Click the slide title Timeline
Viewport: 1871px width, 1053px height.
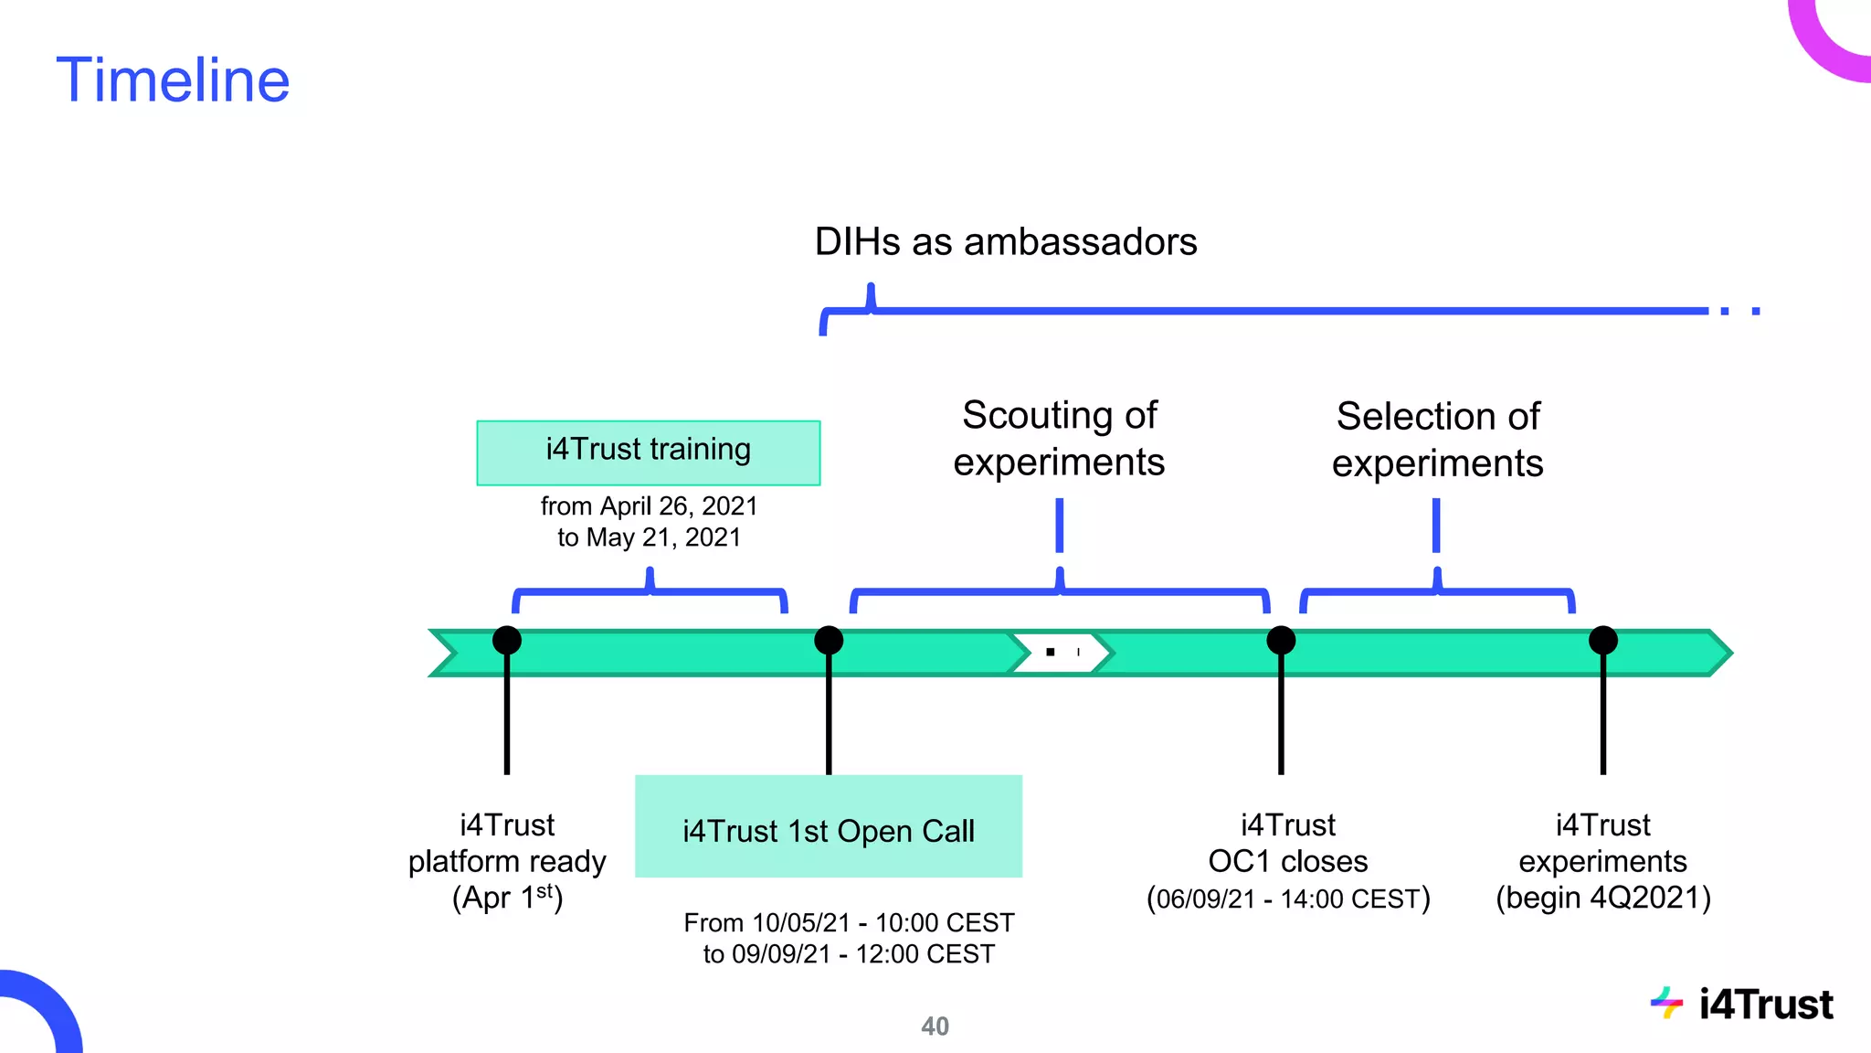(x=173, y=80)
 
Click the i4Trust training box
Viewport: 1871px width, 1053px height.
(x=648, y=452)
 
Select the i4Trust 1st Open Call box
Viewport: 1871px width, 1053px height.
(x=828, y=826)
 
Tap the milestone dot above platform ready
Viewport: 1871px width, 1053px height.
(x=507, y=640)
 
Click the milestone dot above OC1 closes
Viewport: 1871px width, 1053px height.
(x=1281, y=640)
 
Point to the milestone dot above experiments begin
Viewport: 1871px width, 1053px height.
(x=1602, y=640)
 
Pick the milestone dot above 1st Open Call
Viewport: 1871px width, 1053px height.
(x=829, y=640)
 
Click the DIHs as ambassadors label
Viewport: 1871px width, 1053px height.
(x=1005, y=242)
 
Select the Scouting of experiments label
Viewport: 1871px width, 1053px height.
(x=1059, y=439)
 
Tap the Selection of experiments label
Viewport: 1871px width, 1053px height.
(x=1437, y=440)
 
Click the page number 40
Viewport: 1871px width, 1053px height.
(x=935, y=1026)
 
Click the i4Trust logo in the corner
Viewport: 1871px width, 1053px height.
(x=1742, y=1005)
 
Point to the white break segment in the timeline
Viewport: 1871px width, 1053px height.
(x=1060, y=653)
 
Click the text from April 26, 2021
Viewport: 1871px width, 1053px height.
(x=649, y=505)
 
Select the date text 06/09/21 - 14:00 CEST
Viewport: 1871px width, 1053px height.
(x=1288, y=899)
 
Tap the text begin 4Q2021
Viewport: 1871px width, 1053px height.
(x=1603, y=898)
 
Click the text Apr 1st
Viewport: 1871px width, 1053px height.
(x=507, y=898)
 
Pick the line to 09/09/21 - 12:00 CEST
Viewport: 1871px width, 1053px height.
(x=848, y=954)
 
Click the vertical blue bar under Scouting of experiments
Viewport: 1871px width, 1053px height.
(x=1060, y=526)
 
